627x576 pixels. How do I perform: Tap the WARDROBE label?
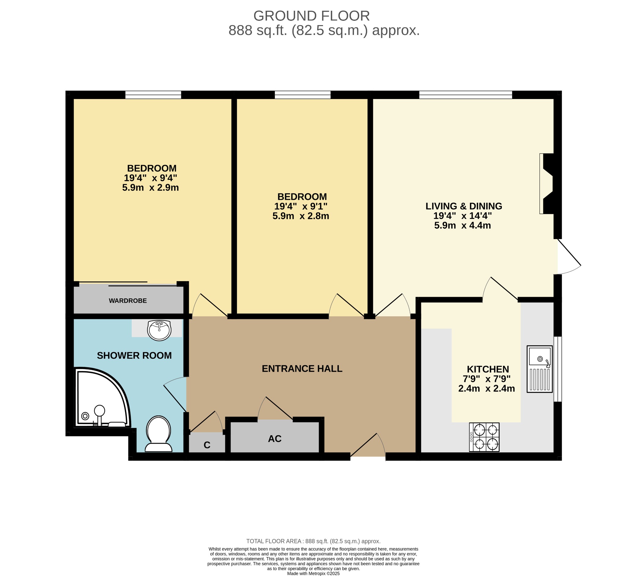click(128, 301)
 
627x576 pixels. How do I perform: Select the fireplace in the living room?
click(547, 184)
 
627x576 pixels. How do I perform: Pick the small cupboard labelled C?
click(207, 445)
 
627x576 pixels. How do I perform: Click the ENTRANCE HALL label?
click(302, 369)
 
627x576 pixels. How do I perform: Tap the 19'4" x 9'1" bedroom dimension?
click(301, 206)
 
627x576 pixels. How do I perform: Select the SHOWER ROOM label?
click(134, 356)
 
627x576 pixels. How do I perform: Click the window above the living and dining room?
click(465, 95)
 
